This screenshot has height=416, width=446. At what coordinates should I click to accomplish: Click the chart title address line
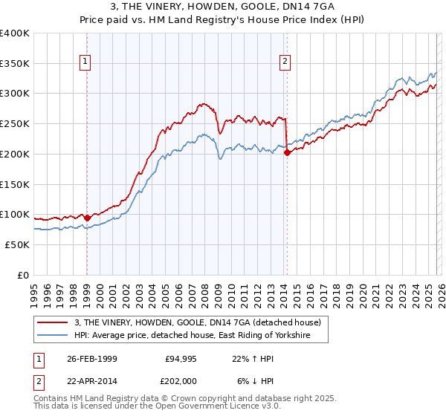223,7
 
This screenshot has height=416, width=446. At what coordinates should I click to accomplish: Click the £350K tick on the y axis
15,64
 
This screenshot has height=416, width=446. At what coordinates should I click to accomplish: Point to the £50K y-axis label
17,244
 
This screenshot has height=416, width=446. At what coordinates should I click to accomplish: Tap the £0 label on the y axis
22,275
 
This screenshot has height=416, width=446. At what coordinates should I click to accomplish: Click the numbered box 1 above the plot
86,62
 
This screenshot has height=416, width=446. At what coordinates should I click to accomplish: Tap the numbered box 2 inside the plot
285,62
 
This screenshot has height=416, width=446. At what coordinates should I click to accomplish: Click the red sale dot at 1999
87,218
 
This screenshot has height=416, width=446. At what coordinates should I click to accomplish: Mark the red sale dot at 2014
287,153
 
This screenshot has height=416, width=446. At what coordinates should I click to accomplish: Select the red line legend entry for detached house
197,322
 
